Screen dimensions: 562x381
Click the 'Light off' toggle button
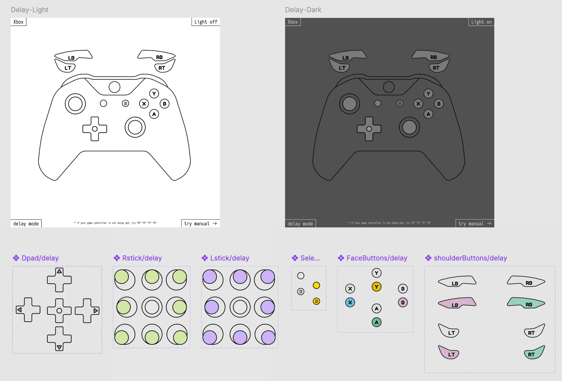click(x=206, y=22)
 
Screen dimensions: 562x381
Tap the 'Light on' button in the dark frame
click(x=481, y=22)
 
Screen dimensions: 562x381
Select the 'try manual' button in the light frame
click(x=201, y=224)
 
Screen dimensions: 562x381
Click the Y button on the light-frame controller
click(x=154, y=93)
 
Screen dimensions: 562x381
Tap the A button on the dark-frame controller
click(x=429, y=114)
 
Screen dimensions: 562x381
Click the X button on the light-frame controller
click(x=144, y=104)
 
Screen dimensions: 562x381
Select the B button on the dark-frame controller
click(x=439, y=104)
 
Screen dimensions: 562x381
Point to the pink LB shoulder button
click(x=457, y=303)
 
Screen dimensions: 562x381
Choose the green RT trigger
click(x=534, y=353)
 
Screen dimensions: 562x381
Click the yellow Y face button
click(x=376, y=287)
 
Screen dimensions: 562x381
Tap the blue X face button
click(x=350, y=302)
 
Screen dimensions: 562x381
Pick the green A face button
click(x=376, y=322)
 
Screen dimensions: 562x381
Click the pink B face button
click(x=403, y=302)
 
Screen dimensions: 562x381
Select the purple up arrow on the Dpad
click(x=59, y=271)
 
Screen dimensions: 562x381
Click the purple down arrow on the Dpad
click(x=59, y=347)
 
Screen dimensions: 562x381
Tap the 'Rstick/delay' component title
click(x=142, y=258)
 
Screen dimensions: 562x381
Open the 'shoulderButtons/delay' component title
click(x=470, y=258)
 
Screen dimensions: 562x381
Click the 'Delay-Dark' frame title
click(x=303, y=10)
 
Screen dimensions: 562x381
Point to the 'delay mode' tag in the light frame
click(x=26, y=224)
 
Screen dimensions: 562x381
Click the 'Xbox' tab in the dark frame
click(x=293, y=22)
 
